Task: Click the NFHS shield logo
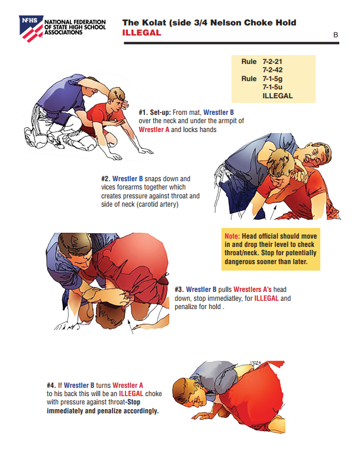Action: [x=31, y=28]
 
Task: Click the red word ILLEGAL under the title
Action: [x=142, y=33]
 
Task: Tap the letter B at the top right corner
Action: [x=336, y=35]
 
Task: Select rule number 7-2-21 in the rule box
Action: [x=272, y=62]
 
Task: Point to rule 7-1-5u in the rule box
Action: [x=272, y=87]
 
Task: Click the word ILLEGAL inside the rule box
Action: [x=278, y=96]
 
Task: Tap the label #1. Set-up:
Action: [x=155, y=113]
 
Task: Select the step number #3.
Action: [x=179, y=290]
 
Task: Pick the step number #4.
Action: [x=51, y=385]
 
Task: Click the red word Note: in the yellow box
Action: [x=232, y=236]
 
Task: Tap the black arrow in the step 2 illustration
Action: [x=273, y=212]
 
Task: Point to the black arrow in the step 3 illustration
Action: [x=130, y=326]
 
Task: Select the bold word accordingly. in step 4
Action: [x=141, y=411]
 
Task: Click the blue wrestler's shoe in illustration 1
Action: [x=31, y=137]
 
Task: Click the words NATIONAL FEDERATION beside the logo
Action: [x=75, y=22]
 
